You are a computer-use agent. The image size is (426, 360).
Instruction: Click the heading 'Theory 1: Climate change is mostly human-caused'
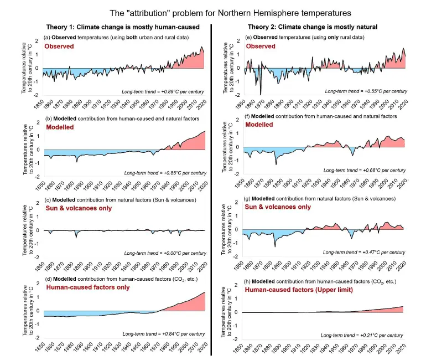[x=121, y=27]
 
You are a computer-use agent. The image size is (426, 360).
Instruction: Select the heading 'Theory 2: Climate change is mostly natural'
[x=314, y=27]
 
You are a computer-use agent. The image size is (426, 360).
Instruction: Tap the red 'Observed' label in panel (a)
[x=59, y=46]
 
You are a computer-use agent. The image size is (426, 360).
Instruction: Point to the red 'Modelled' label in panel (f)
[x=259, y=125]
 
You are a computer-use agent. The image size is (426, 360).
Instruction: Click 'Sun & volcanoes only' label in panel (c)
[x=79, y=208]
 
